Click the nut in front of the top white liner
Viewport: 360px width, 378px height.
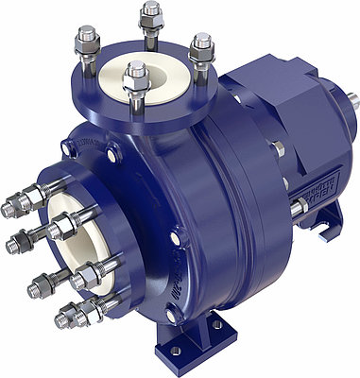click(135, 74)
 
